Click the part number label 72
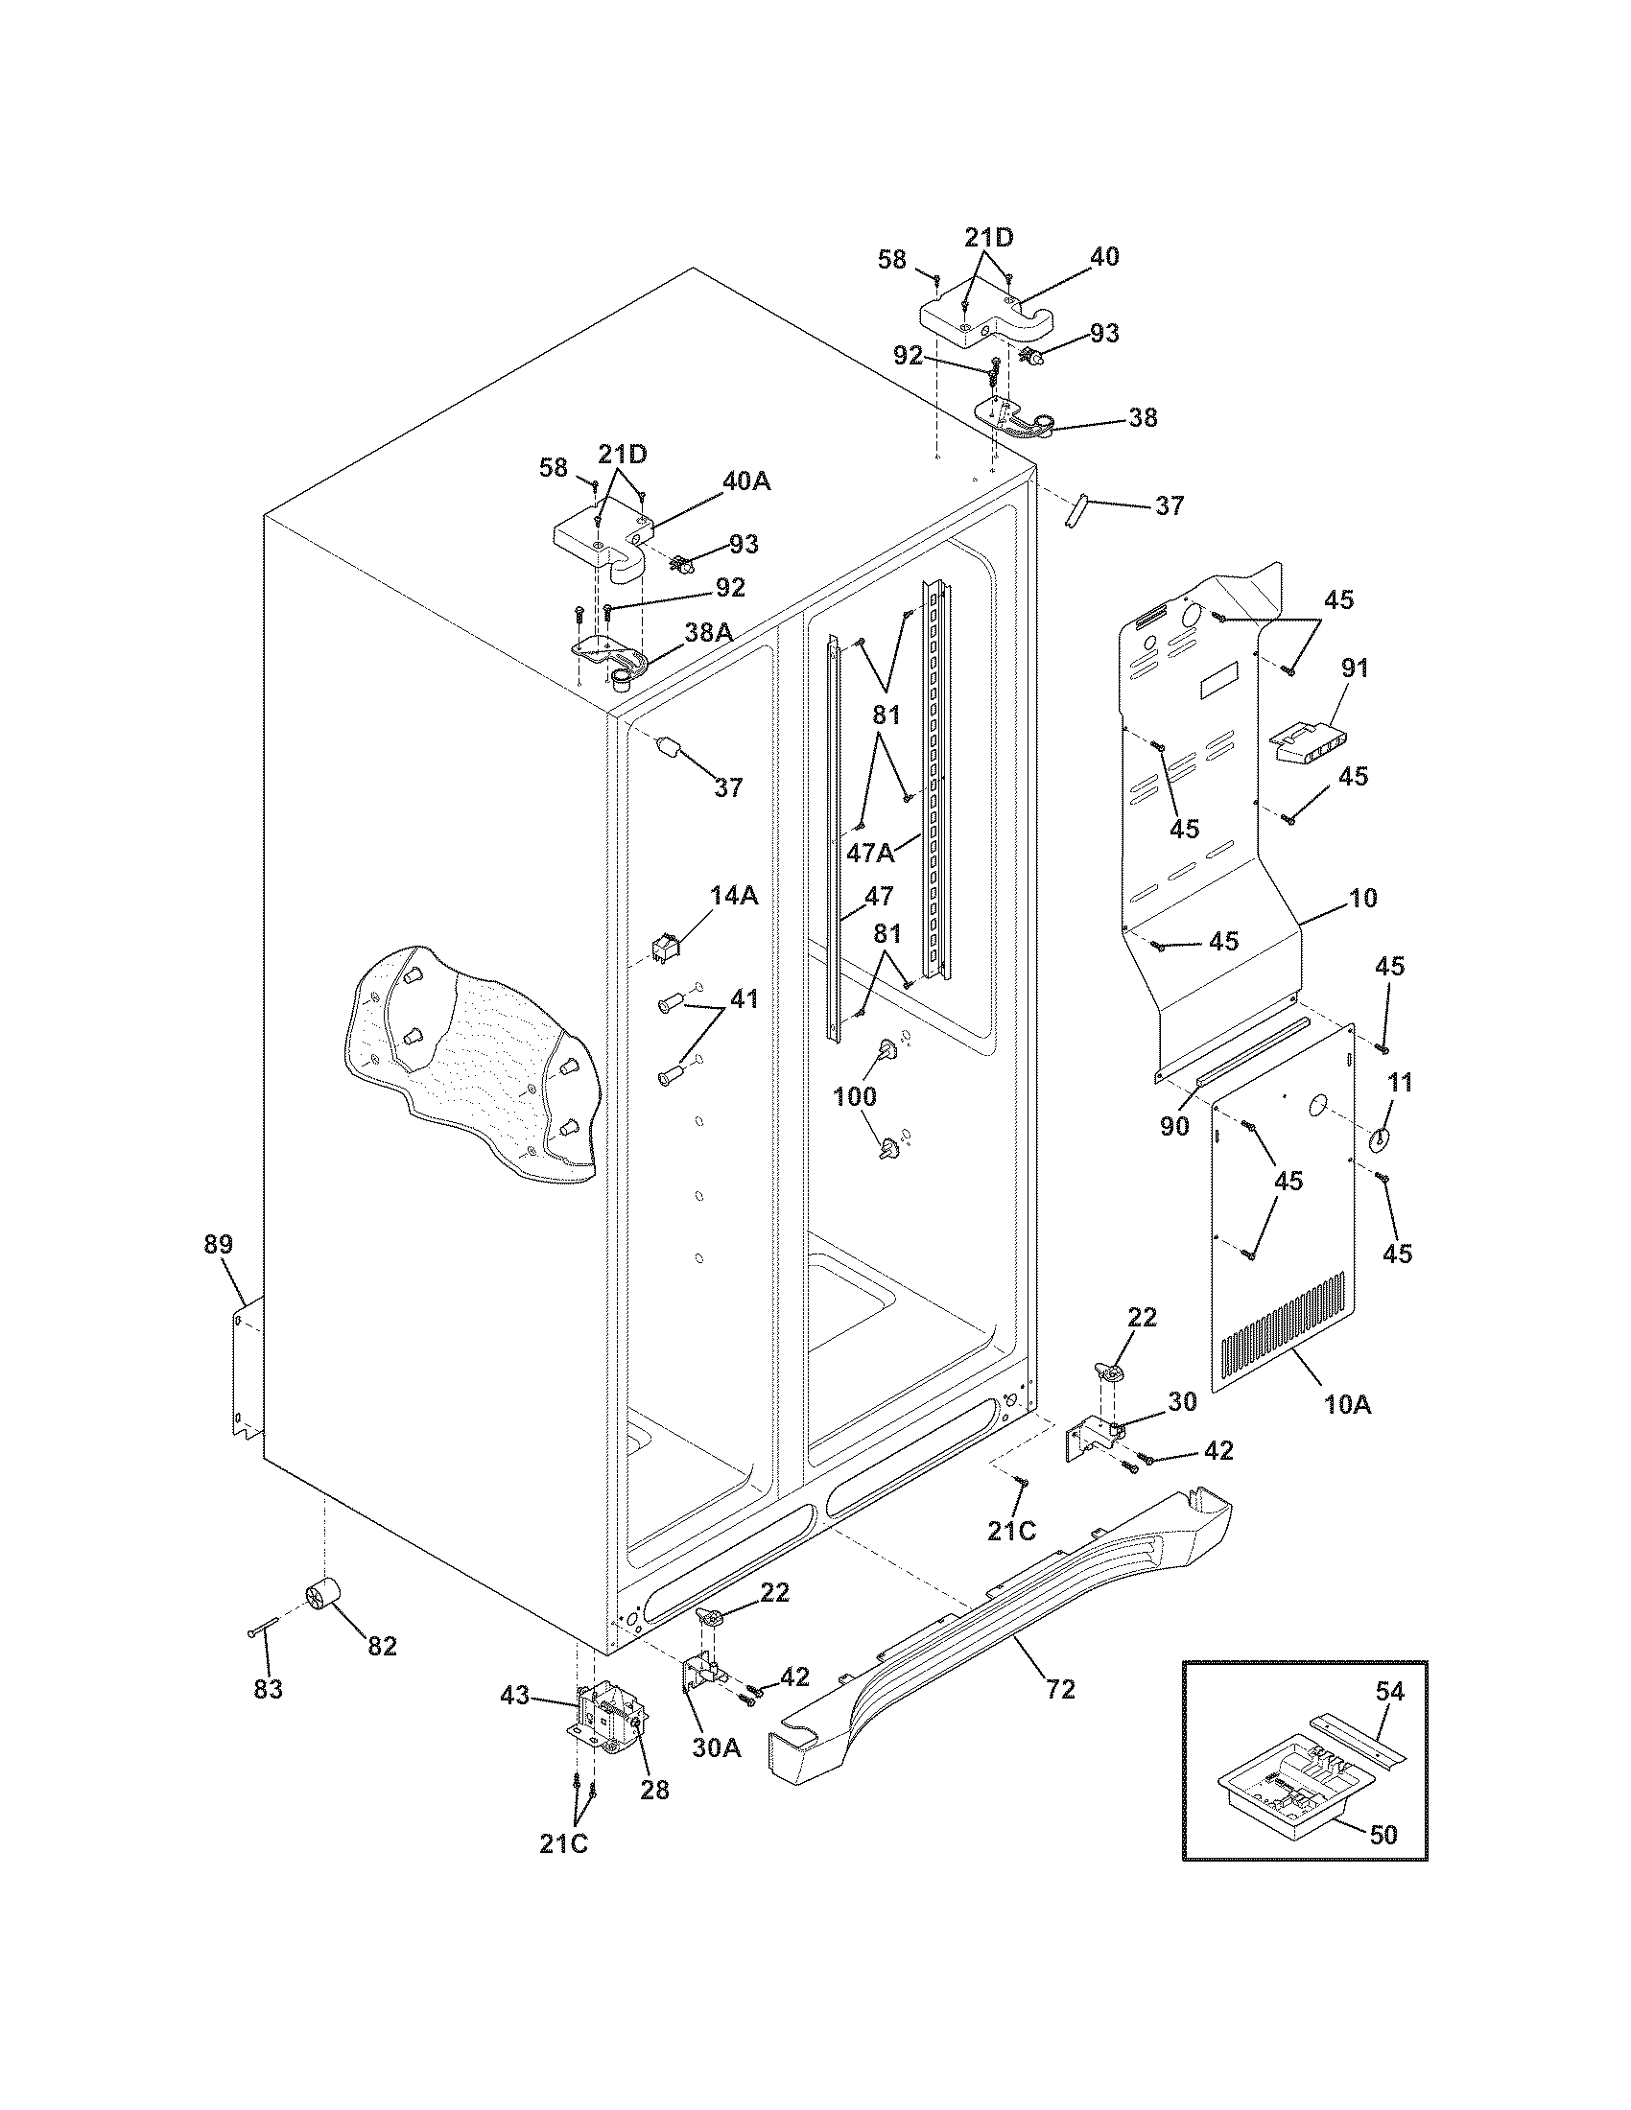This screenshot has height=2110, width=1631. [x=1060, y=1689]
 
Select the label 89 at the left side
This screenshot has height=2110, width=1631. [x=219, y=1244]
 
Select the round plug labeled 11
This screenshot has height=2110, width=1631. [x=1378, y=1140]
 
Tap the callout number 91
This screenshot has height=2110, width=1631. [x=1355, y=667]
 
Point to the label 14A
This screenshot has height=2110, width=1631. [x=734, y=896]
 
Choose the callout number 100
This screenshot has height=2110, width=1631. [x=854, y=1095]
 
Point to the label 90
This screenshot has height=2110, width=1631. [x=1174, y=1126]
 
